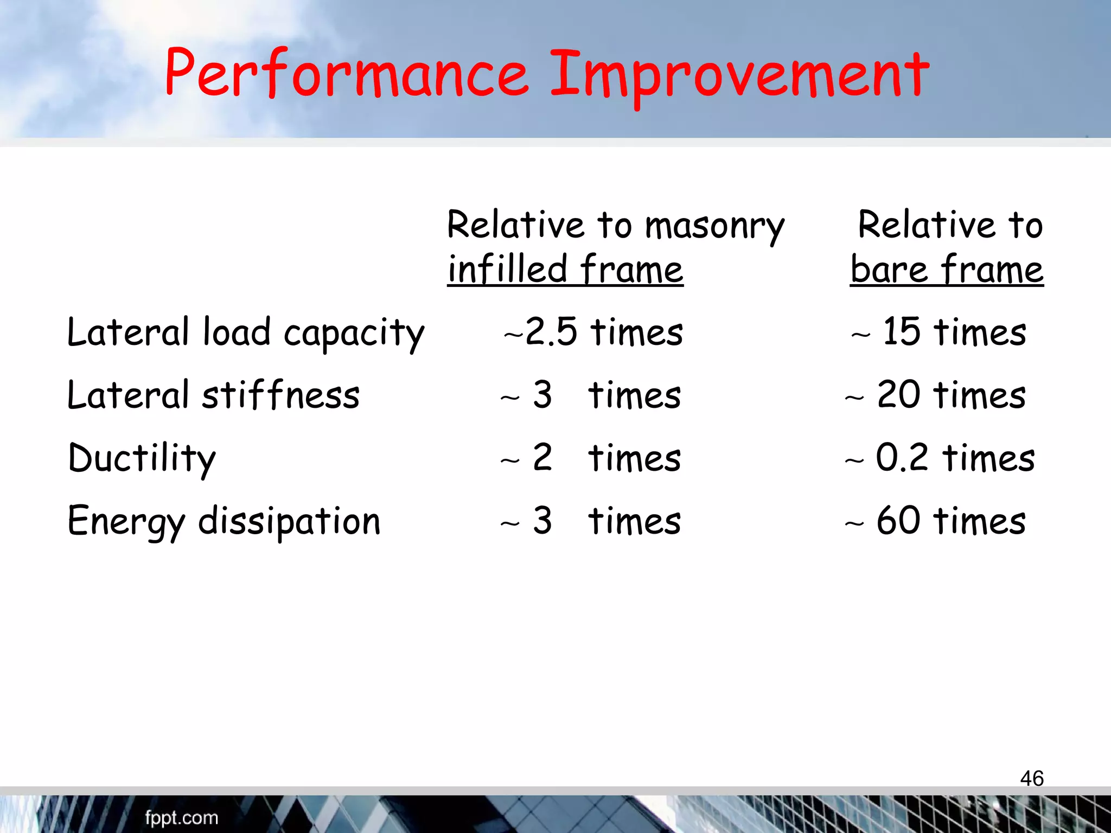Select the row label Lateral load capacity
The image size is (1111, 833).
pos(245,332)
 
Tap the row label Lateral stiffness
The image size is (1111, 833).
pos(213,395)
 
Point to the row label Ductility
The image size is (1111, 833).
pos(142,458)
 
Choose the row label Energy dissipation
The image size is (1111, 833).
pos(224,521)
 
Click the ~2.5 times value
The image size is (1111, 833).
pos(593,332)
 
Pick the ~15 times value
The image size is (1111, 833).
pos(939,332)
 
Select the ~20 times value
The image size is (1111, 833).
pos(936,395)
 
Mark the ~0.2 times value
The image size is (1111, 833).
pos(940,458)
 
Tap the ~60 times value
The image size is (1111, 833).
pos(936,521)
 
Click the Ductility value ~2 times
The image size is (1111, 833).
pos(590,458)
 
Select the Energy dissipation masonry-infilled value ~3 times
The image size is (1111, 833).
pos(590,521)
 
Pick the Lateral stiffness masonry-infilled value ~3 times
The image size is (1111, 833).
pos(590,395)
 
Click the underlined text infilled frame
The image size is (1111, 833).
pos(565,270)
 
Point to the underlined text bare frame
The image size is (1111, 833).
pos(947,270)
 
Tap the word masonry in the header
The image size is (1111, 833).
pos(715,226)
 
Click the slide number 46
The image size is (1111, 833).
pos(1032,778)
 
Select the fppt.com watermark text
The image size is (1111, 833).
pos(181,818)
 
